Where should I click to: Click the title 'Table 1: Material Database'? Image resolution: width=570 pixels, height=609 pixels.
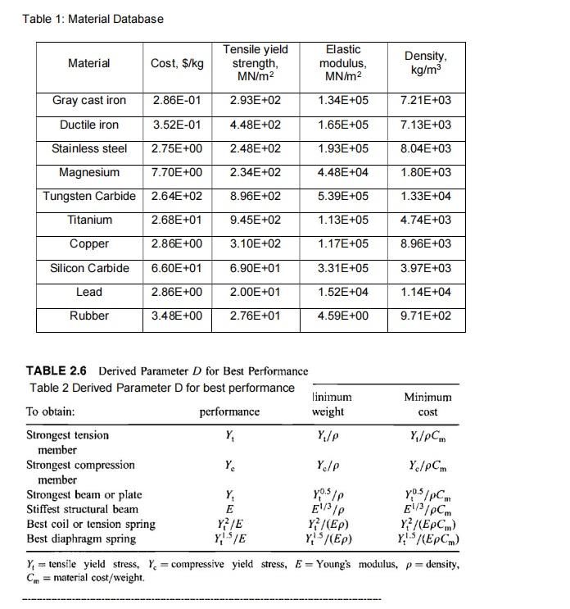[93, 19]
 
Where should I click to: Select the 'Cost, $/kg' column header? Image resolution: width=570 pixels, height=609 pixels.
[177, 63]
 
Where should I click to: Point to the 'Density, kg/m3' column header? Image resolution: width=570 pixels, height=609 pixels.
[425, 63]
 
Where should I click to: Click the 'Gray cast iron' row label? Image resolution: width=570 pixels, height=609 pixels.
[89, 101]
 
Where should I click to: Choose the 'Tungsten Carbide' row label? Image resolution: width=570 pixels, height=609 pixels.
[89, 197]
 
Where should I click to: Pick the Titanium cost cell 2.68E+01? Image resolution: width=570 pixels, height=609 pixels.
[177, 220]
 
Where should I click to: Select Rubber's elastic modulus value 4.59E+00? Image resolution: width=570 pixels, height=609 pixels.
[343, 316]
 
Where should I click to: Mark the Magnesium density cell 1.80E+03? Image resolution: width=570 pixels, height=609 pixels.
[425, 173]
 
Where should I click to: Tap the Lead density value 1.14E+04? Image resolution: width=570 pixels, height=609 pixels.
[425, 293]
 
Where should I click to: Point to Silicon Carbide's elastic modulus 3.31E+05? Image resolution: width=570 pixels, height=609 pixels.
[343, 269]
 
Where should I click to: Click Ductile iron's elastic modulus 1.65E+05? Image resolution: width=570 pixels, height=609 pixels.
[343, 125]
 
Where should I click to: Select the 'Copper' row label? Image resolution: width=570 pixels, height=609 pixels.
[89, 244]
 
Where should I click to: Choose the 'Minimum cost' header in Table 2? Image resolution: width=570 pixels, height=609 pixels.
[427, 404]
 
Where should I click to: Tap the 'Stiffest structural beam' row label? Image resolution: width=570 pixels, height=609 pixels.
[82, 509]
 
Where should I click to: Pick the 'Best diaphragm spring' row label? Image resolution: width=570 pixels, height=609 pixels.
[81, 539]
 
